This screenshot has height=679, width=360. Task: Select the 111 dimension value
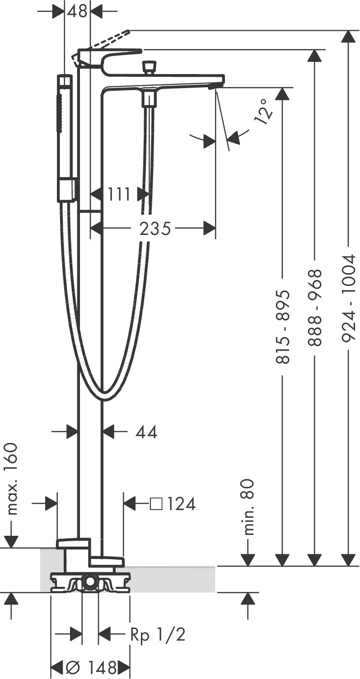click(119, 194)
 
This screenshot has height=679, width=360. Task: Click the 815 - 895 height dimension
click(283, 327)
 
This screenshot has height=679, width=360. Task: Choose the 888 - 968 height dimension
click(314, 308)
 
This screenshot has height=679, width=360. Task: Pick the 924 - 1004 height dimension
click(348, 298)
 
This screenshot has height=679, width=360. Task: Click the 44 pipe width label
click(146, 432)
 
